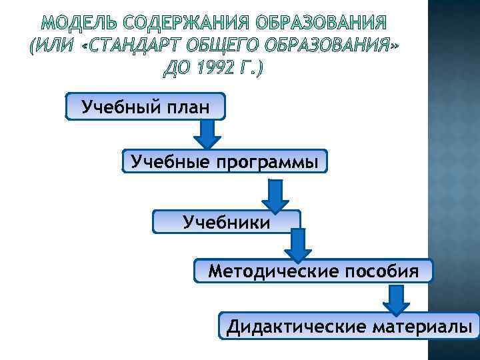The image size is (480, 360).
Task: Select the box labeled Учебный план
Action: coord(145,106)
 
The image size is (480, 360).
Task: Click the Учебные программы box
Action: coord(225,161)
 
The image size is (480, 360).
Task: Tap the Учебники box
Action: coord(227,221)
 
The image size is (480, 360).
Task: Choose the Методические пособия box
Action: coord(313,271)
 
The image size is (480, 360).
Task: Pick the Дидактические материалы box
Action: coord(350,326)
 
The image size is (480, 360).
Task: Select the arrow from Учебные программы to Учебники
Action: coord(275,195)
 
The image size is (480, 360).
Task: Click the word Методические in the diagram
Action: coord(273,271)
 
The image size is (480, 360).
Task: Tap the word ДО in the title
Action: coord(175,69)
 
